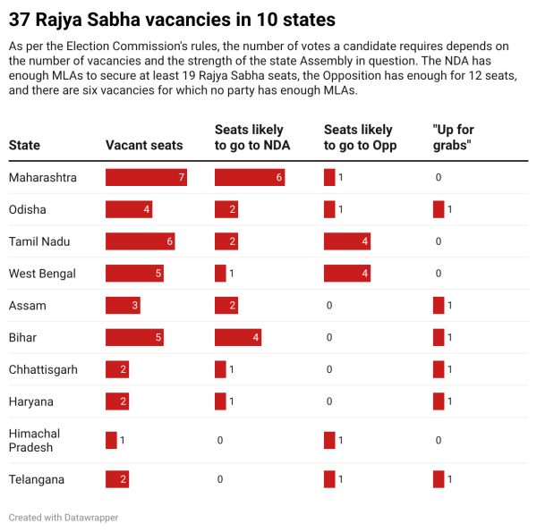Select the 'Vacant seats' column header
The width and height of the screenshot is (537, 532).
coord(144,145)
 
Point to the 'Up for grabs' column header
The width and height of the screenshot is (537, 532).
coord(453,138)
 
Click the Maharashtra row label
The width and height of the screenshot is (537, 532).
coord(43,177)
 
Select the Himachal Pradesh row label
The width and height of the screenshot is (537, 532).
coord(35,440)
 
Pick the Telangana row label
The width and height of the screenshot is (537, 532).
coord(37,479)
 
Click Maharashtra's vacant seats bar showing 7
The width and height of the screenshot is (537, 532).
coord(146,177)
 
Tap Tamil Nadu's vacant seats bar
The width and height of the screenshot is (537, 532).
coord(141,241)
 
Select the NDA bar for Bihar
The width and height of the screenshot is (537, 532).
coord(238,338)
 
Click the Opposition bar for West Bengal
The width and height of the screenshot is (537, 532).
coord(347,274)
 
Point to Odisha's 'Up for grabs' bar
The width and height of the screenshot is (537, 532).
coord(439,209)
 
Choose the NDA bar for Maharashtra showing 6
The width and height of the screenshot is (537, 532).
coord(250,177)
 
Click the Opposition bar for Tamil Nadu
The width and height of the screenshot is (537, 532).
coord(347,241)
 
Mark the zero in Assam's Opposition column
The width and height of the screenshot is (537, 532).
coord(329,306)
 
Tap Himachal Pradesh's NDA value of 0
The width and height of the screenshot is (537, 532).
coord(220,440)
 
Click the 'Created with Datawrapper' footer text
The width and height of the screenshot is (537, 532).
coord(64,517)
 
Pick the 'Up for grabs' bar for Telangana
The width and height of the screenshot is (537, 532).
coord(439,479)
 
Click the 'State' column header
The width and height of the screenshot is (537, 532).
coord(24,145)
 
